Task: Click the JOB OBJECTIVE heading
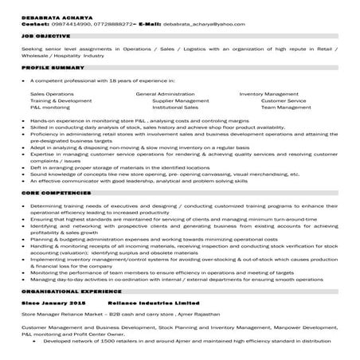[45, 37]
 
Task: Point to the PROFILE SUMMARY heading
[49, 69]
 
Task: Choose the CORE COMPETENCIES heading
[53, 193]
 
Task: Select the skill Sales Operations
[52, 94]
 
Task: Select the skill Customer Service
[283, 101]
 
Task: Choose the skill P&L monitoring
[50, 108]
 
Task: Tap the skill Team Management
[285, 108]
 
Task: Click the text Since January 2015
[53, 304]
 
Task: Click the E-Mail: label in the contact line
[150, 25]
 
